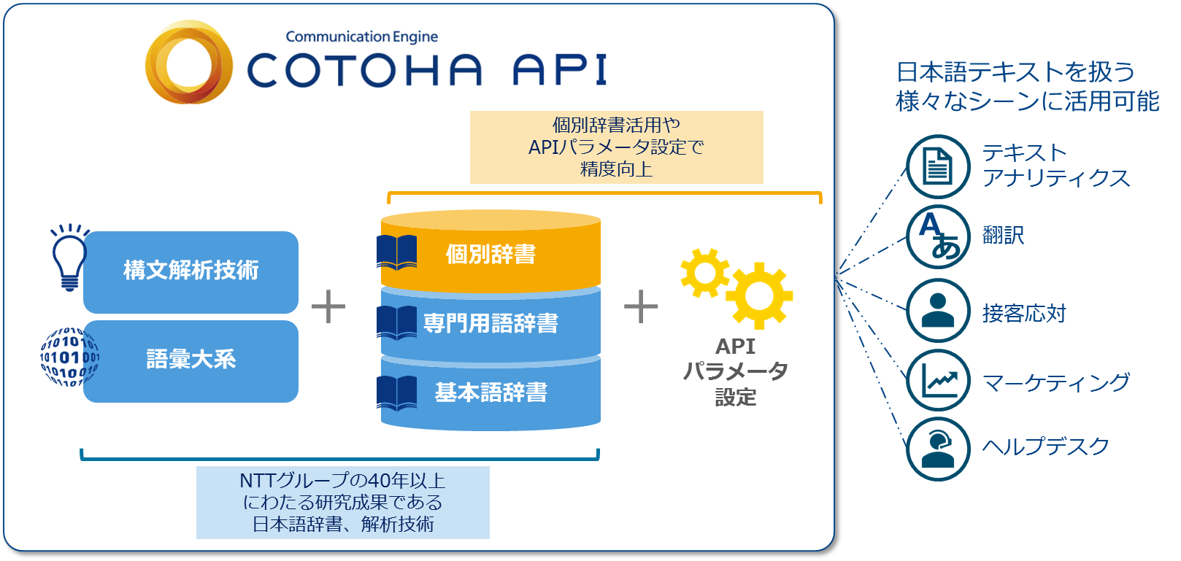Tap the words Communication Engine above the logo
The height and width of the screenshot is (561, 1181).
pos(362,37)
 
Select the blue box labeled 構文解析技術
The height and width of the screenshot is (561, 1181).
pos(191,272)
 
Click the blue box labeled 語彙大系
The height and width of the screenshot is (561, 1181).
pos(191,361)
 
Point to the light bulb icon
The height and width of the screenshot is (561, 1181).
pos(69,258)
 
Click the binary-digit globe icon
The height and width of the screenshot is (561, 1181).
pos(69,357)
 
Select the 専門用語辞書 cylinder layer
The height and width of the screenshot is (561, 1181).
pos(491,323)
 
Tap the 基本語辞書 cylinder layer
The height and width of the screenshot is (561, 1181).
pos(491,393)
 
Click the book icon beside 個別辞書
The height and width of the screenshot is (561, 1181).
pos(397,252)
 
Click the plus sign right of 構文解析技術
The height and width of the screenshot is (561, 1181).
pos(328,306)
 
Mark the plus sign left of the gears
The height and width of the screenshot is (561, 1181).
pos(641,306)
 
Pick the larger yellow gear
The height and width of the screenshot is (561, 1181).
pos(759,295)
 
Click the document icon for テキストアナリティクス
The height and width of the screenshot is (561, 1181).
pos(938,166)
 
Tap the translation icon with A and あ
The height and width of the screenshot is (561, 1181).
pos(938,237)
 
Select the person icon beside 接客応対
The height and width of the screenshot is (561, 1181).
pos(938,311)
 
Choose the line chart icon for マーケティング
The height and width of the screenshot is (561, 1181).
pos(938,380)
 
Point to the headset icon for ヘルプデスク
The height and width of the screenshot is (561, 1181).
pos(938,449)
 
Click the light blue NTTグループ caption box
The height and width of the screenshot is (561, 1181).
pos(343,503)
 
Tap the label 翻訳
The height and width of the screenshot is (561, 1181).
pos(1004,235)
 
